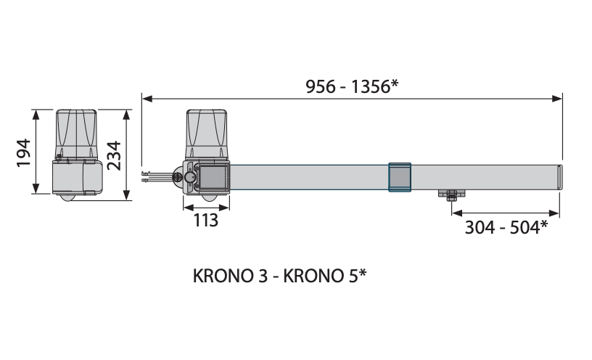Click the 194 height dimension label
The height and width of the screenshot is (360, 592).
tap(23, 152)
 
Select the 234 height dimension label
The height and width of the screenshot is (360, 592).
tap(114, 155)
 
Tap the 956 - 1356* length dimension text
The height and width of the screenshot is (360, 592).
tap(352, 86)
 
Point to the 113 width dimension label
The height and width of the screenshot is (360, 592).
tap(206, 220)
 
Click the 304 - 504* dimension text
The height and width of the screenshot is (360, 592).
tap(506, 227)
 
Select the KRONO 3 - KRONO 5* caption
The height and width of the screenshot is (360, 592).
tap(279, 276)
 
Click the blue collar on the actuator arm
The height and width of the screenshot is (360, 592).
tap(400, 177)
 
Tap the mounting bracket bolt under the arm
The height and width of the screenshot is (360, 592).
tap(451, 195)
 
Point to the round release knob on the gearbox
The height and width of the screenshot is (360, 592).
tap(190, 177)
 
